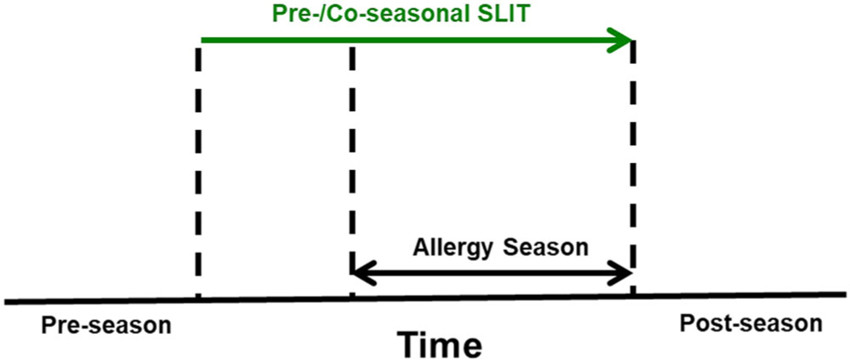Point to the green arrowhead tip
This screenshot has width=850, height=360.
click(x=632, y=40)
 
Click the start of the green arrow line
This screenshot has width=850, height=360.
click(x=202, y=40)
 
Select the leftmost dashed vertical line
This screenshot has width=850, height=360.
click(x=198, y=172)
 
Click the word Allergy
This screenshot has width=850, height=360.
click(x=453, y=248)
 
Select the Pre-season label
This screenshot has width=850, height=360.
click(x=106, y=325)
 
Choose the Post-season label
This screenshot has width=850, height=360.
click(x=751, y=324)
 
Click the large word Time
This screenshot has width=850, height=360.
click(x=440, y=345)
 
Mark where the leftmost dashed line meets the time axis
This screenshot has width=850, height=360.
click(x=198, y=299)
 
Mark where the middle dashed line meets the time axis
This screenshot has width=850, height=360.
click(x=352, y=298)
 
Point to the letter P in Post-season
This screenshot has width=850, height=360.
click(x=687, y=324)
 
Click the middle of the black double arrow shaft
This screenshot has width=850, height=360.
click(x=493, y=273)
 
